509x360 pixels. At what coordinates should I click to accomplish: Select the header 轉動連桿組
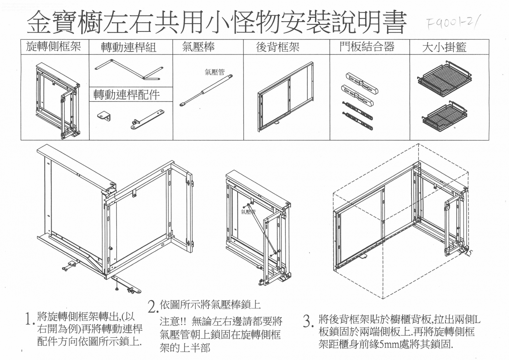[x=129, y=47]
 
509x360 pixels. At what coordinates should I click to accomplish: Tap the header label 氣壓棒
[x=198, y=47]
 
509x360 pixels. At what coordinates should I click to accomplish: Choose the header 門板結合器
[x=367, y=47]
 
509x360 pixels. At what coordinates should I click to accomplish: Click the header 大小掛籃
[x=444, y=47]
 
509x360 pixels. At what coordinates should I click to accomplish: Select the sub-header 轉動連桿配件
[x=127, y=95]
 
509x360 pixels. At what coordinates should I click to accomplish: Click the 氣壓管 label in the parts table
[x=215, y=72]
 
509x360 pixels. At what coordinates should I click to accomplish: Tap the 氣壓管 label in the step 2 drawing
[x=248, y=211]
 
